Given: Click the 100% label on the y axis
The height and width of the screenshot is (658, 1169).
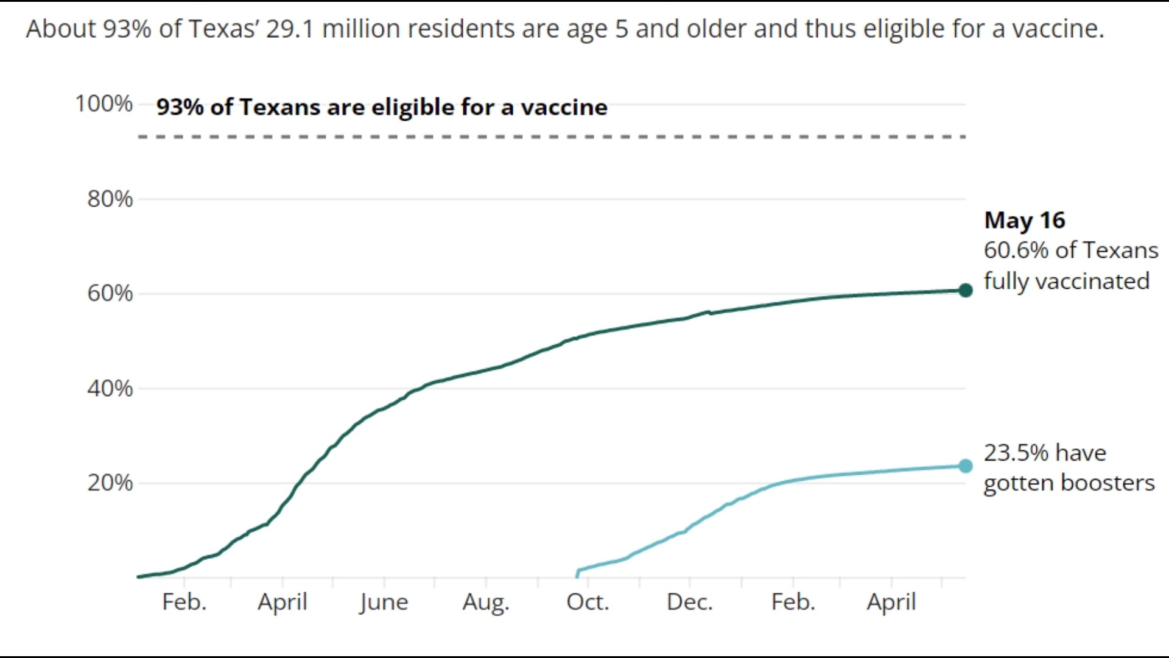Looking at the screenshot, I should pyautogui.click(x=104, y=104).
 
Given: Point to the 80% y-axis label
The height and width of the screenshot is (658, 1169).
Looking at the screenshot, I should pyautogui.click(x=110, y=199).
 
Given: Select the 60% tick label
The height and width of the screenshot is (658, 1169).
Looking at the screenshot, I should pyautogui.click(x=110, y=293).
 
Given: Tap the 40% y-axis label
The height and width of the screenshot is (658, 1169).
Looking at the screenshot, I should pyautogui.click(x=110, y=388).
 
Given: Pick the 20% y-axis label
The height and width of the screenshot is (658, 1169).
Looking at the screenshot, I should pyautogui.click(x=110, y=483).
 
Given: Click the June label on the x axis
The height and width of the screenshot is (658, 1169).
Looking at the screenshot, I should pyautogui.click(x=383, y=602).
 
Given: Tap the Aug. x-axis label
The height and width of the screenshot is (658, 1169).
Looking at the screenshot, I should pyautogui.click(x=485, y=602).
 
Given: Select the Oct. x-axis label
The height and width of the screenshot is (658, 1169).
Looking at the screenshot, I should pyautogui.click(x=587, y=602).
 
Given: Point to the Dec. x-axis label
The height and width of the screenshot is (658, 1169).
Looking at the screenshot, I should pyautogui.click(x=689, y=602).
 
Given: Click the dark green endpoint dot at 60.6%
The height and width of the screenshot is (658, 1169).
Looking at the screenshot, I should pyautogui.click(x=965, y=291).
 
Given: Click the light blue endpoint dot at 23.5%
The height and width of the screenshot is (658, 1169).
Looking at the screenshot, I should pyautogui.click(x=965, y=466).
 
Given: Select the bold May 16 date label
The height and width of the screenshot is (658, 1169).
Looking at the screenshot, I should pyautogui.click(x=1024, y=221).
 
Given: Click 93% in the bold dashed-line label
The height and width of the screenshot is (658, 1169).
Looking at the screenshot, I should pyautogui.click(x=180, y=107).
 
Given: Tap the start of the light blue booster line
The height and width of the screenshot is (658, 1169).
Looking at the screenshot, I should pyautogui.click(x=577, y=574).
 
